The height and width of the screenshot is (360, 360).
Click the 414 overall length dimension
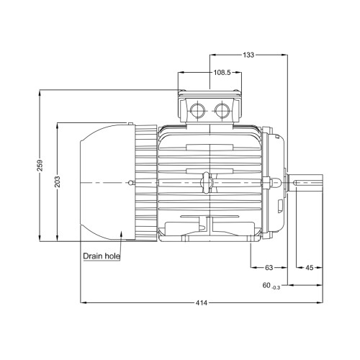pyautogui.click(x=201, y=303)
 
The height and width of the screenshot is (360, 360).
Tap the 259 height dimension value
pyautogui.click(x=40, y=166)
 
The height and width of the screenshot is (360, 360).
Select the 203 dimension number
pyautogui.click(x=58, y=182)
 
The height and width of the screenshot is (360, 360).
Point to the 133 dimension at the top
pyautogui.click(x=248, y=55)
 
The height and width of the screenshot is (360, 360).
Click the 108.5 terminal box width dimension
pyautogui.click(x=222, y=72)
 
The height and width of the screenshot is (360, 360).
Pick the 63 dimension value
pyautogui.click(x=269, y=267)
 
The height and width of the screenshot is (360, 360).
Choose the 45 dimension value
pyautogui.click(x=310, y=267)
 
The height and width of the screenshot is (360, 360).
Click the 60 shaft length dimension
pyautogui.click(x=266, y=285)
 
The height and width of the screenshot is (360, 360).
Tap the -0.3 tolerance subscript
pyautogui.click(x=276, y=287)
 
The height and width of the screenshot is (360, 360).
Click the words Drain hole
pyautogui.click(x=102, y=256)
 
